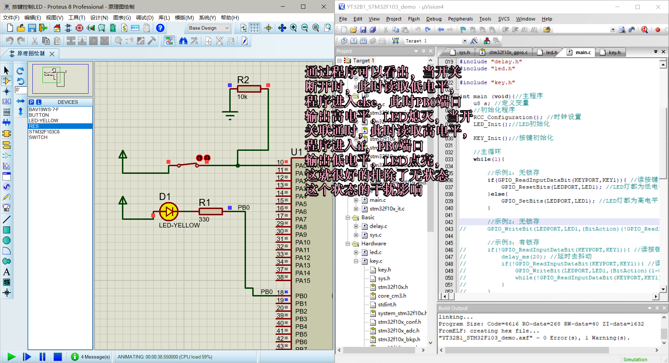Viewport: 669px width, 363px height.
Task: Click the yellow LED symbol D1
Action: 169,211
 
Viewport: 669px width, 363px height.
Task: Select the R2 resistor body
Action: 249,89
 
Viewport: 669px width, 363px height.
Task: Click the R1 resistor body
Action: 210,211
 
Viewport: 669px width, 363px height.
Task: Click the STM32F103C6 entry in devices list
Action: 44,132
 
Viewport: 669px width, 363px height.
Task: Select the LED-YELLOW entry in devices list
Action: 44,121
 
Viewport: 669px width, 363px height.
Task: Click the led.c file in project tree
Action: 375,252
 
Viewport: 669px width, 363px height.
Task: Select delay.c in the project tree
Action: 378,226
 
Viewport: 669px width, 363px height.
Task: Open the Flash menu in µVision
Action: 414,19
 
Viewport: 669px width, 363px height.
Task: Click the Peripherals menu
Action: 460,19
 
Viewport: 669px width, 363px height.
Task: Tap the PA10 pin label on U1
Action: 302,242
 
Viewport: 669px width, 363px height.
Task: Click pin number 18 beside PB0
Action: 280,292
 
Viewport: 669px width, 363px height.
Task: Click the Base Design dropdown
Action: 209,28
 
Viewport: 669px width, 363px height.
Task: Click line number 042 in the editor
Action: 449,222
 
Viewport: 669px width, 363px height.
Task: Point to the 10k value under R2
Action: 242,97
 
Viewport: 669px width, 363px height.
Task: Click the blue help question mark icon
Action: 160,28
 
